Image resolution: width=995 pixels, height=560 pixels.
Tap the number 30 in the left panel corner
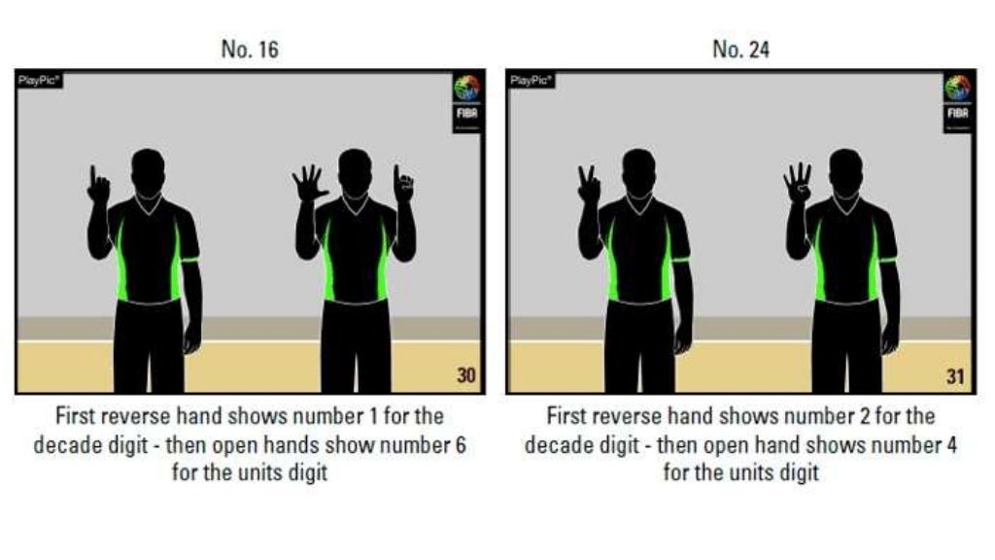tap(466, 377)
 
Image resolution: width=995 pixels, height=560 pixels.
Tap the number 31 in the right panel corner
tap(956, 377)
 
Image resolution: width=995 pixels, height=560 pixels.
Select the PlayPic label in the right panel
tap(530, 80)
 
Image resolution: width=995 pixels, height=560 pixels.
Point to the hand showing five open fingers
tap(310, 183)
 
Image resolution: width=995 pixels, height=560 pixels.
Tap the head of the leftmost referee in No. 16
tap(148, 169)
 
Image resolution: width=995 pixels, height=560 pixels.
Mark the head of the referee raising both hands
tap(355, 169)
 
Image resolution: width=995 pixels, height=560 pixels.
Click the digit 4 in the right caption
tap(947, 445)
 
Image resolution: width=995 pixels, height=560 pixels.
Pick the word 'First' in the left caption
tap(74, 417)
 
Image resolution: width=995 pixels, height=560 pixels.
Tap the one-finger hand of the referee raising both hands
tap(403, 184)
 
